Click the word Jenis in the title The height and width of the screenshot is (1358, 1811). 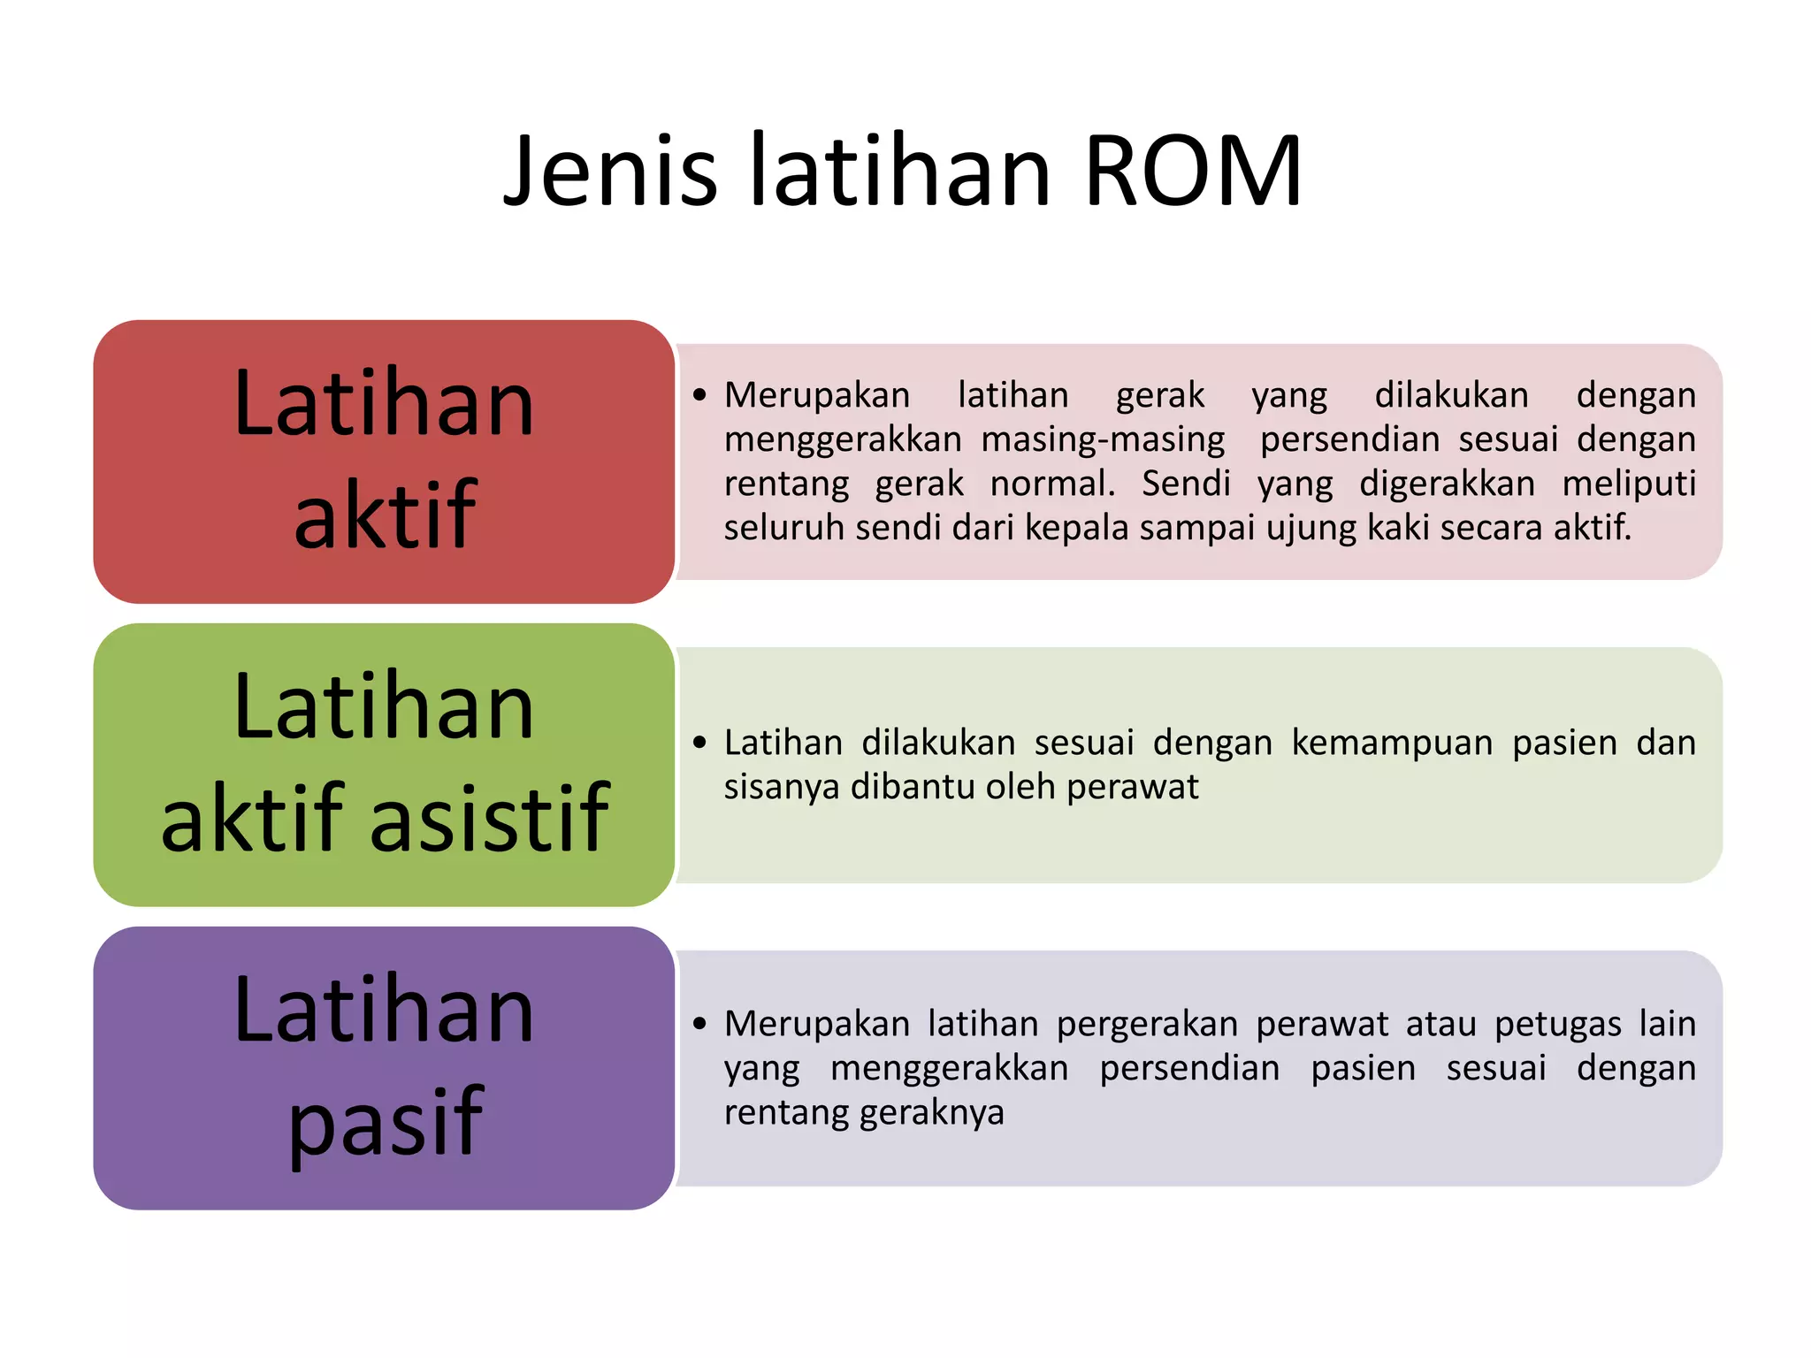point(610,172)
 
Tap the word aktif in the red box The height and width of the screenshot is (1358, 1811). point(385,515)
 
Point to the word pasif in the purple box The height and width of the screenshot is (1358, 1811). point(386,1121)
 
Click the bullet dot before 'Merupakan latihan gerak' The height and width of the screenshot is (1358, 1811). point(700,395)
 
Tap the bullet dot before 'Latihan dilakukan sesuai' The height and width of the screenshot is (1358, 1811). point(700,743)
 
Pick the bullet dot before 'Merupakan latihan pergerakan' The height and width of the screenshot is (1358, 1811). point(700,1024)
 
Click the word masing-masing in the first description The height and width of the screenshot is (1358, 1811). point(1103,439)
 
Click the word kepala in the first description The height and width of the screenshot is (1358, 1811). point(1077,528)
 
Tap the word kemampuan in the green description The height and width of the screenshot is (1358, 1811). point(1392,743)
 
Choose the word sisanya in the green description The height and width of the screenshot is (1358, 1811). point(782,787)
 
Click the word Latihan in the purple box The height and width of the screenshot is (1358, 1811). point(384,1010)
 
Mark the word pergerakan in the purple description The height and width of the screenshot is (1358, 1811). point(1147,1024)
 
